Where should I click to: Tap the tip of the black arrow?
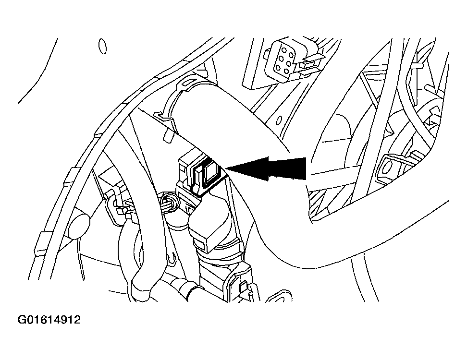227,168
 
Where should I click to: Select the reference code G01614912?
49,320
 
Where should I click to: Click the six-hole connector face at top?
282,59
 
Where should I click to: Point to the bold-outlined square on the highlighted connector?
210,175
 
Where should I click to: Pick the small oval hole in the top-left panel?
102,47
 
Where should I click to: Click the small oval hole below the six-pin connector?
279,120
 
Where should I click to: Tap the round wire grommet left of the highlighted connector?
171,202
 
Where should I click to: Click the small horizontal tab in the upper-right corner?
418,65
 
